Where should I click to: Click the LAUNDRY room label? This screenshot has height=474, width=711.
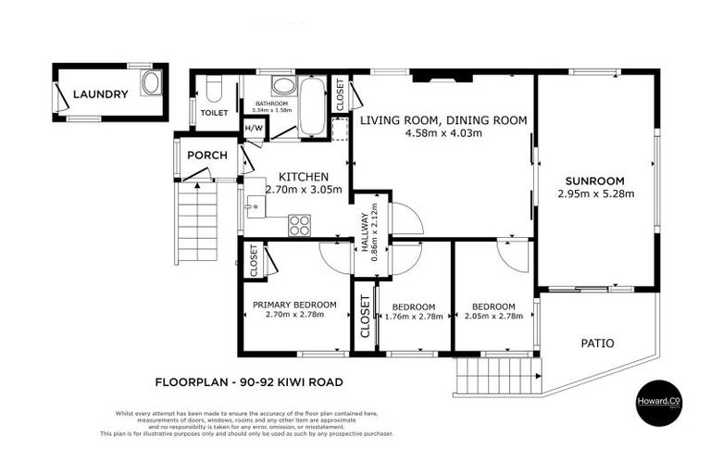click(x=100, y=94)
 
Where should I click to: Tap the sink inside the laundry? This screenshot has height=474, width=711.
click(x=151, y=83)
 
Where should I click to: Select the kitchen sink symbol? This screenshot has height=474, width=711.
click(x=256, y=207)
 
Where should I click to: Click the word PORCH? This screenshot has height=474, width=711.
click(x=206, y=155)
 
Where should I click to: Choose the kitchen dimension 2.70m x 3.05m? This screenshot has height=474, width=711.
click(x=304, y=191)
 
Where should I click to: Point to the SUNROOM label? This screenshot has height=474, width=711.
click(x=595, y=181)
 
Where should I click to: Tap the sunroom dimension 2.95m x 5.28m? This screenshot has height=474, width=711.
click(x=596, y=194)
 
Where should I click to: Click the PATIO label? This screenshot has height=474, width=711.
click(x=597, y=343)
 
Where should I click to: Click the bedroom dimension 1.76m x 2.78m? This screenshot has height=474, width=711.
click(x=413, y=318)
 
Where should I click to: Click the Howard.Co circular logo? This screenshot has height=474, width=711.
click(x=661, y=405)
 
